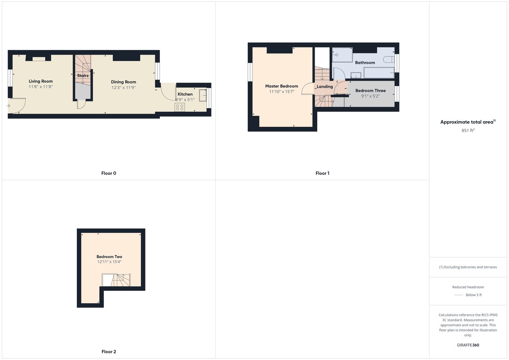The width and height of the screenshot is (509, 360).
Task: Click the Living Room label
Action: pos(41,81)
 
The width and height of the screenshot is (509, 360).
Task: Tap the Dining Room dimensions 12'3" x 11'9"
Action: pos(123,87)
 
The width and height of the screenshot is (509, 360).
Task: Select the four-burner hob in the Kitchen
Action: pos(180,107)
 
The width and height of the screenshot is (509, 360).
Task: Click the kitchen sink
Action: pos(203,95)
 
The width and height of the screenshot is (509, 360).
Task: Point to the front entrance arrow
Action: pos(8,106)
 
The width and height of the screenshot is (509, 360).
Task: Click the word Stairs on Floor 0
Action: pos(83,75)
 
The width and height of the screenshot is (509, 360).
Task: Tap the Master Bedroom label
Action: pos(282,86)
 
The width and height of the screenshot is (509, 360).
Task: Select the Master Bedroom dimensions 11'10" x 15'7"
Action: pos(282,92)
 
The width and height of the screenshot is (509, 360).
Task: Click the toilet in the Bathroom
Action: pos(389,59)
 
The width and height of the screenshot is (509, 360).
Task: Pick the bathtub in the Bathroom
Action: pos(379,73)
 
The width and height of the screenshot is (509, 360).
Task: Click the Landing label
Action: pos(325,87)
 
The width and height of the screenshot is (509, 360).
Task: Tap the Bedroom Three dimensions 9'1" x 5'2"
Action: pos(370,96)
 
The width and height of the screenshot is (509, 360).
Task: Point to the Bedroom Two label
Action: pos(109,257)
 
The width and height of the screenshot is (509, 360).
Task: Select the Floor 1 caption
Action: pos(322,173)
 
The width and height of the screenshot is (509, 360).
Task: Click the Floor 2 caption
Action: pos(109,352)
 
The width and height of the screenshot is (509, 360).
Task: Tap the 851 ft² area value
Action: pos(468,130)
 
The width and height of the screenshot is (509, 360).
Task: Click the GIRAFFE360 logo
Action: pos(468,345)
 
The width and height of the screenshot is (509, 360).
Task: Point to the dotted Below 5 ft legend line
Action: pos(459,295)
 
